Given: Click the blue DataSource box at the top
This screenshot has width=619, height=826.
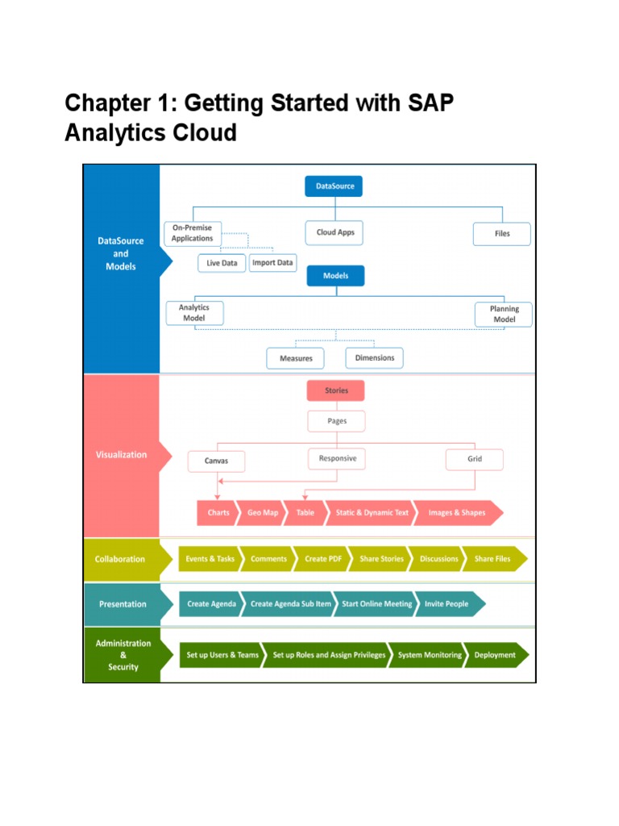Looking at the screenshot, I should [334, 186].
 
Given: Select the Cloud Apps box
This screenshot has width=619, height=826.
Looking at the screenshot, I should [334, 232].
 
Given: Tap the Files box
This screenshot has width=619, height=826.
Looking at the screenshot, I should [501, 234].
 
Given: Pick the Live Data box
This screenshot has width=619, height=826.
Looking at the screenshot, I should [222, 263].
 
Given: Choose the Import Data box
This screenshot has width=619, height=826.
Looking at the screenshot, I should [272, 263].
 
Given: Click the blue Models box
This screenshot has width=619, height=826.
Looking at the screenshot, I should [335, 276].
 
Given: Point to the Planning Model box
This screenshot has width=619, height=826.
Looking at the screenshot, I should [503, 314].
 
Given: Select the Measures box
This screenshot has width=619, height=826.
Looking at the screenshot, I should [295, 358].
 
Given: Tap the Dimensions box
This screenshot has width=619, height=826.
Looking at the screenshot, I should [375, 357].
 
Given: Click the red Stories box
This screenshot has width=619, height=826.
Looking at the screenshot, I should [336, 391].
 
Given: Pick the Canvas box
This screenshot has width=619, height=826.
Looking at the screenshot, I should [216, 461].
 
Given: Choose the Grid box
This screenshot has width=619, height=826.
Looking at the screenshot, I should [475, 460].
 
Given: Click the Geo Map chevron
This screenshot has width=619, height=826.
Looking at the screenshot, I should [262, 513].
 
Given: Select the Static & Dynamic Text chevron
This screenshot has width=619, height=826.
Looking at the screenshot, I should [372, 513].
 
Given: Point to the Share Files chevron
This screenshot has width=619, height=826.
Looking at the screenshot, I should [492, 559].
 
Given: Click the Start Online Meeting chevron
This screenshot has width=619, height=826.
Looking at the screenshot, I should [376, 604].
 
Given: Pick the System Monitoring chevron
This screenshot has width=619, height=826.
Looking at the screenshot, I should [429, 655].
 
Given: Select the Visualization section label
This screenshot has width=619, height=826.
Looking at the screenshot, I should [122, 455].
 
